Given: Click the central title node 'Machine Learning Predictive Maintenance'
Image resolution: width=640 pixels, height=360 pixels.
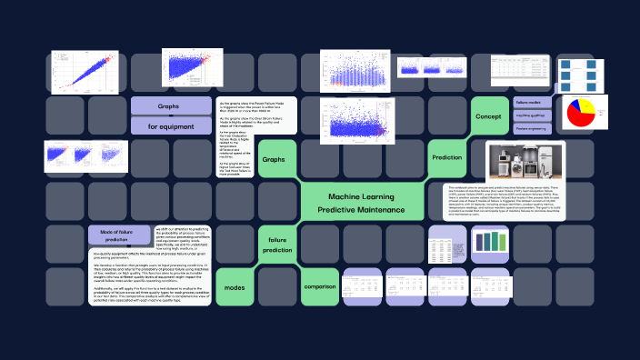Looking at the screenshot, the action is pos(362,203).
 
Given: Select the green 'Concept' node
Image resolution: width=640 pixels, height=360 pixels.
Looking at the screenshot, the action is pos(489,115).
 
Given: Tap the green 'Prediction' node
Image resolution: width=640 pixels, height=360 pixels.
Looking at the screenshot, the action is pos(446,157).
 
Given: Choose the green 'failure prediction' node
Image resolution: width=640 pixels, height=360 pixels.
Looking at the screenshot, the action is pos(277,244).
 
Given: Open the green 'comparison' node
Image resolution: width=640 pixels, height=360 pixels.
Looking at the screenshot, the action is pos(319,286).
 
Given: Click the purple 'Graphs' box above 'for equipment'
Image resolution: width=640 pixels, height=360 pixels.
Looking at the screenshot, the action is pos(169,106).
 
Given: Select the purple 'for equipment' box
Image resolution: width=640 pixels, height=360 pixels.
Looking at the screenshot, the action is pos(169,126).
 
